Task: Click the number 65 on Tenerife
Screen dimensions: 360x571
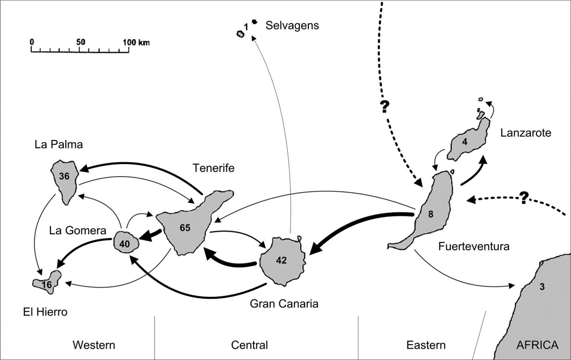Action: point(185,228)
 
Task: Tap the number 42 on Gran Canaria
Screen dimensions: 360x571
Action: point(281,260)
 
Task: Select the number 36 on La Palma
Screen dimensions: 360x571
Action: point(64,176)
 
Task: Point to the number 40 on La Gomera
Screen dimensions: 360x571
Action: point(125,244)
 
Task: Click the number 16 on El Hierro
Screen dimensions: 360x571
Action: point(47,285)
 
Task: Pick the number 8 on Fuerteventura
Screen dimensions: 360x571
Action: point(431,214)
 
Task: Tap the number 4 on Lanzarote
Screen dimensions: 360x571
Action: point(465,142)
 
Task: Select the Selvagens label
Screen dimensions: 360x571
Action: point(292,25)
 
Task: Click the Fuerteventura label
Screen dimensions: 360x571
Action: point(473,246)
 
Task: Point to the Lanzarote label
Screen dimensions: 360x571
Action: point(525,132)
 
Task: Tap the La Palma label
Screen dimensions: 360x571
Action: point(59,144)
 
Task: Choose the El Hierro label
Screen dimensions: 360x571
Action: point(45,312)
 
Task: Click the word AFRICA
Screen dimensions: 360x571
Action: point(537,345)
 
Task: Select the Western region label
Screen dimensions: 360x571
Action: point(94,345)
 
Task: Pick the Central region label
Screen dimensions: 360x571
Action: point(249,345)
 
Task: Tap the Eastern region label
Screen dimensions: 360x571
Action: point(426,345)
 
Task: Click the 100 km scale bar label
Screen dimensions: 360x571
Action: point(136,42)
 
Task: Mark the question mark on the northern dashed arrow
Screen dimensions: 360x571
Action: point(385,107)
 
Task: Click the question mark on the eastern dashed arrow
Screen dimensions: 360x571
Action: point(524,197)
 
